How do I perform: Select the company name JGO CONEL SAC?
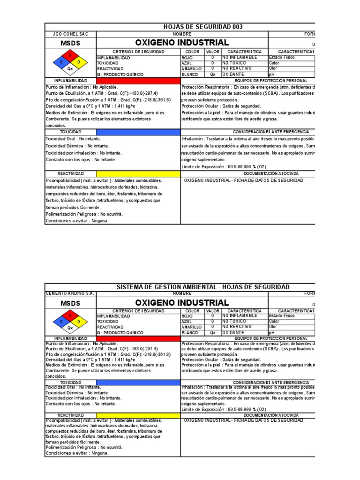tap(70, 34)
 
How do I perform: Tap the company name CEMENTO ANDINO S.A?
tap(70, 293)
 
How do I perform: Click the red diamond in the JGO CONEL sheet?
tap(70, 55)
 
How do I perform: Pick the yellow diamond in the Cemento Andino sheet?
tap(79, 322)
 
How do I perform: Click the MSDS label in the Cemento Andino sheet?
tap(70, 303)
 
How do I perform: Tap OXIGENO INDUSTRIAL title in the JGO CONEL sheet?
tap(182, 43)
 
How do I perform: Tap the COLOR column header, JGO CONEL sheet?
tap(192, 52)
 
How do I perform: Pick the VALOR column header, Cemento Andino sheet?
tap(212, 311)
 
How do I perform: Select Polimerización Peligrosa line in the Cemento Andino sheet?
tap(84, 447)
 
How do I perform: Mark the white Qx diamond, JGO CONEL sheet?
tap(70, 68)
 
